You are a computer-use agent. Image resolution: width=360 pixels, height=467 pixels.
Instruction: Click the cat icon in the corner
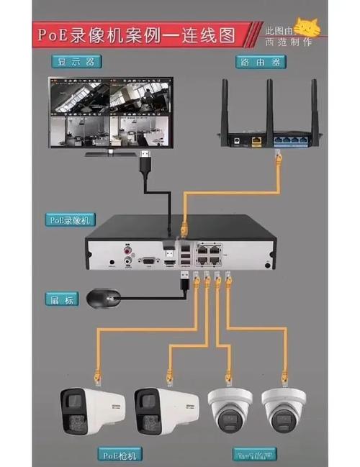click(x=309, y=27)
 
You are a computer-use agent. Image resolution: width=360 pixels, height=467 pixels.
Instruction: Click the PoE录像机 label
click(x=70, y=219)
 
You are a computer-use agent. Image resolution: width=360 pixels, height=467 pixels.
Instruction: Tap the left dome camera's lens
click(x=229, y=418)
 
